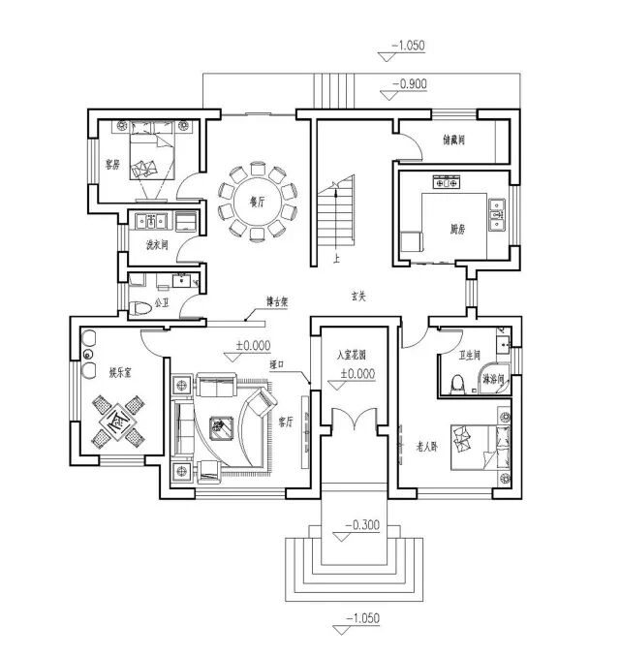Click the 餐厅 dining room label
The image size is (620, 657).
[257, 203]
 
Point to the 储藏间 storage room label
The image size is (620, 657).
[454, 141]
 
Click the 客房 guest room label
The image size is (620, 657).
[112, 165]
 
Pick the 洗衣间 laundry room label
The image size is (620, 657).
[156, 244]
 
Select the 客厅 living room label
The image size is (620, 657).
[286, 422]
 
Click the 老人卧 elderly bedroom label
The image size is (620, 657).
[428, 448]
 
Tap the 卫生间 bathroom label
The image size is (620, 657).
[470, 356]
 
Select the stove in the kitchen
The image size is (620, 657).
[446, 180]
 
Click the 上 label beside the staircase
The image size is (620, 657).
[335, 260]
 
